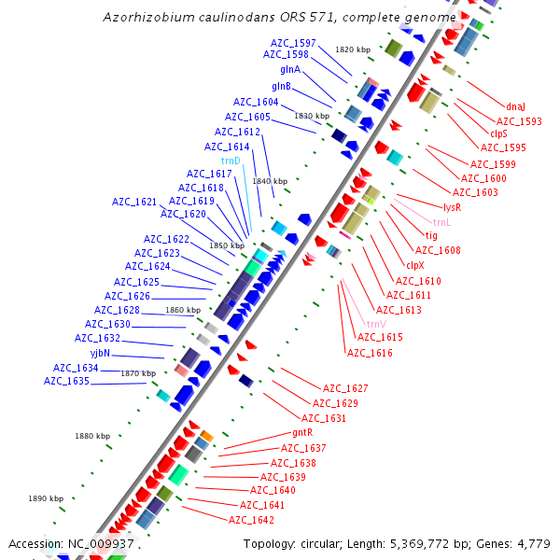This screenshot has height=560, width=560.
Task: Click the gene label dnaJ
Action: [516, 106]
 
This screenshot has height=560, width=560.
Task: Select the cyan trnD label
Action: [231, 161]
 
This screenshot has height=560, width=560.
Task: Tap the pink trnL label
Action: [441, 222]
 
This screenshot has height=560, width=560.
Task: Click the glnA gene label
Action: [290, 70]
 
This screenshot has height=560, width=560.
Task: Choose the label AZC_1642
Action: [251, 520]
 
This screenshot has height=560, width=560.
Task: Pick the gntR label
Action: [301, 433]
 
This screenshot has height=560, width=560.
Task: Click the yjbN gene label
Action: [100, 353]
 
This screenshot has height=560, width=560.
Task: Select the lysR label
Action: [453, 207]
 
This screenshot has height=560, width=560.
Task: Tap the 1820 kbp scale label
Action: [353, 49]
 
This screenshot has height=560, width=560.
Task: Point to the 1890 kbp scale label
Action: [45, 498]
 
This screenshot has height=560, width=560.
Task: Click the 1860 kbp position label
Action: [182, 310]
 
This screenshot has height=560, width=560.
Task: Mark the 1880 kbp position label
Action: [92, 436]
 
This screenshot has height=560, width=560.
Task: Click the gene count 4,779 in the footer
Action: [535, 543]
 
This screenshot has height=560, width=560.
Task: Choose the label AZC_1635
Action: [66, 381]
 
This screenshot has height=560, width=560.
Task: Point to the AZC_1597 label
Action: [293, 43]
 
